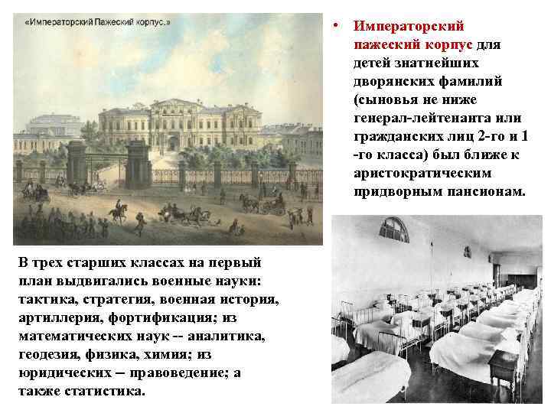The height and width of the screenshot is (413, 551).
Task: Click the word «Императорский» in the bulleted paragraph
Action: [x=409, y=26]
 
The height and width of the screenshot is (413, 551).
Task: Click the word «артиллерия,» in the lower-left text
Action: [x=56, y=318]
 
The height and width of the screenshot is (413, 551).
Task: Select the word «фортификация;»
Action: [x=157, y=318]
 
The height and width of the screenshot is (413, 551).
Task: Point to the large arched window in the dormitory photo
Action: [x=393, y=230]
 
